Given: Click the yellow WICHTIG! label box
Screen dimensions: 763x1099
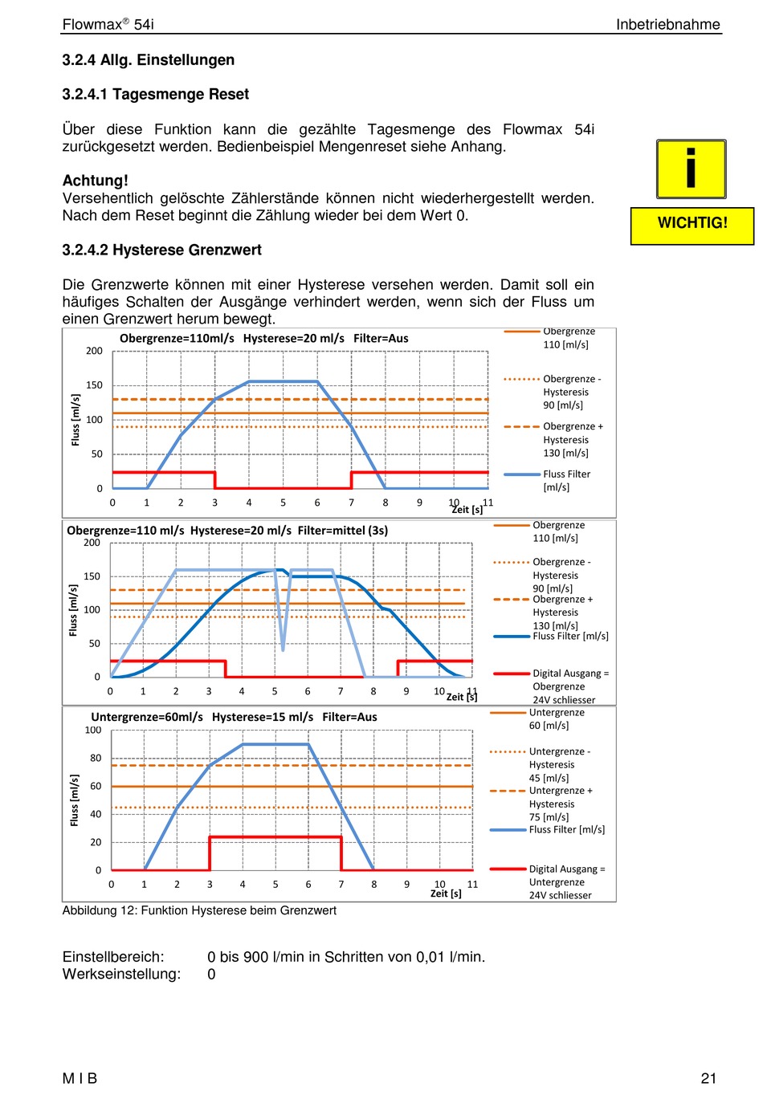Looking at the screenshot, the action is pyautogui.click(x=692, y=226).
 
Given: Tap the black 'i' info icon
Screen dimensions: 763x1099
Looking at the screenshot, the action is pyautogui.click(x=691, y=169).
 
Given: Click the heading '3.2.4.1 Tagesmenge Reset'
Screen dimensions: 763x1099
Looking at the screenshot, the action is pyautogui.click(x=155, y=94).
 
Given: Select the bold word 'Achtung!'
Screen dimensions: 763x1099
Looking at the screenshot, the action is pyautogui.click(x=96, y=180).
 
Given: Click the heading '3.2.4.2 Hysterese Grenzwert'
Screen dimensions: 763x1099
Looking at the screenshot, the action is pyautogui.click(x=161, y=250).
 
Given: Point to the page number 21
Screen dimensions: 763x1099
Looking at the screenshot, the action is pyautogui.click(x=708, y=1078).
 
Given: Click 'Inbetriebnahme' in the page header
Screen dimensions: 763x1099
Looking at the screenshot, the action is pyautogui.click(x=667, y=24).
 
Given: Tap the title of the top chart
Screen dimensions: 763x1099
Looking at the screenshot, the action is pyautogui.click(x=263, y=338).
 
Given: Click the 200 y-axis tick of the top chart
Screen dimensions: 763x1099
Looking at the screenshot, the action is pyautogui.click(x=94, y=351).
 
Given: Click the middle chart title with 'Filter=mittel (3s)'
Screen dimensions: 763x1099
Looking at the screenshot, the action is pyautogui.click(x=227, y=531).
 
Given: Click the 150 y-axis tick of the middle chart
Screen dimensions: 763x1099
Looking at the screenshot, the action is pyautogui.click(x=92, y=576).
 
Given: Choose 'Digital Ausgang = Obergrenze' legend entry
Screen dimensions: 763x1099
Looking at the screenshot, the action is pyautogui.click(x=552, y=686).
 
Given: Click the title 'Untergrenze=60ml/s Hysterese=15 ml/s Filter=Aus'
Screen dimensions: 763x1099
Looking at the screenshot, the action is pyautogui.click(x=234, y=717).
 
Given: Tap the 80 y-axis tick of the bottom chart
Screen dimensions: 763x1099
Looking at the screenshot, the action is pyautogui.click(x=96, y=758).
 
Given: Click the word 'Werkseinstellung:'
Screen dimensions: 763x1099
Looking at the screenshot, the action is pyautogui.click(x=121, y=974).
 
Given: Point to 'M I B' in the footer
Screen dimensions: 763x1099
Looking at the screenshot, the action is pyautogui.click(x=80, y=1078).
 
